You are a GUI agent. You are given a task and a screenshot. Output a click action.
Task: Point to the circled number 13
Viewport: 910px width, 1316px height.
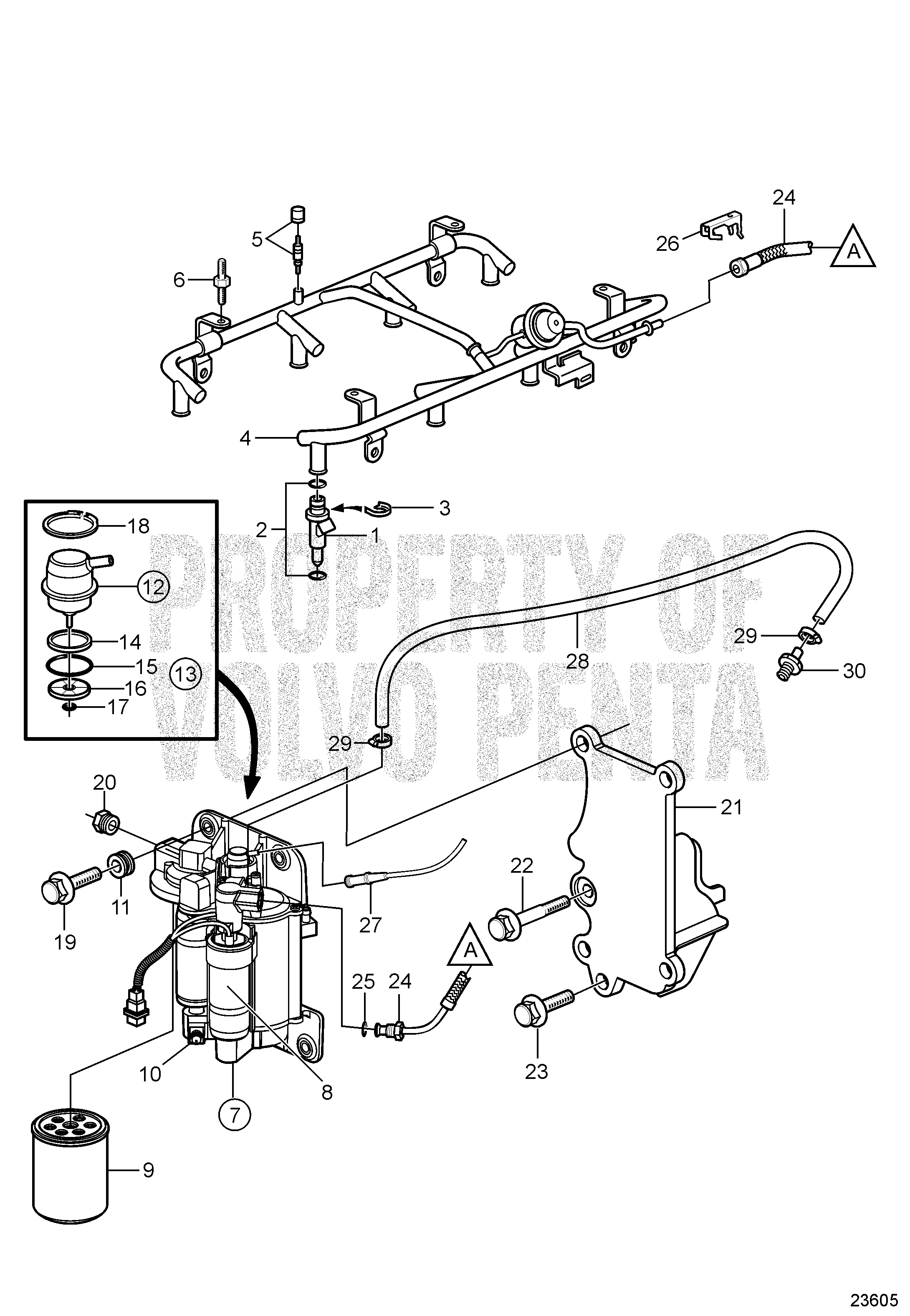point(186,674)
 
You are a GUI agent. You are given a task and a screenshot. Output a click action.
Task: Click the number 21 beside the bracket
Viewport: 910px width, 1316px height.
point(731,807)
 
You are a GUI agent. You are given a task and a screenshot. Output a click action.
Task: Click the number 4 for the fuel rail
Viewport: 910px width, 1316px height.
point(245,439)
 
